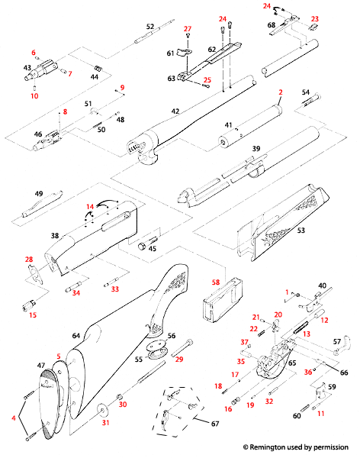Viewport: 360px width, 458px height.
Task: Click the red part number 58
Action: coord(216,282)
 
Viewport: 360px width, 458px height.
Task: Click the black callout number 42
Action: coord(175,111)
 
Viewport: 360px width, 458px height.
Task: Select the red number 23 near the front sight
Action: coord(315,18)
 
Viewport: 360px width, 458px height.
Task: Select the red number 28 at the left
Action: coord(29,260)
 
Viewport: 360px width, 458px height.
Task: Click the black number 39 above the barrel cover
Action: coord(256,148)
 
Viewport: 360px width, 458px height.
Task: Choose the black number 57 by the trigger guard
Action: coord(337,341)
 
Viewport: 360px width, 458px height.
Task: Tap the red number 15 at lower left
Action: coord(32,315)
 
